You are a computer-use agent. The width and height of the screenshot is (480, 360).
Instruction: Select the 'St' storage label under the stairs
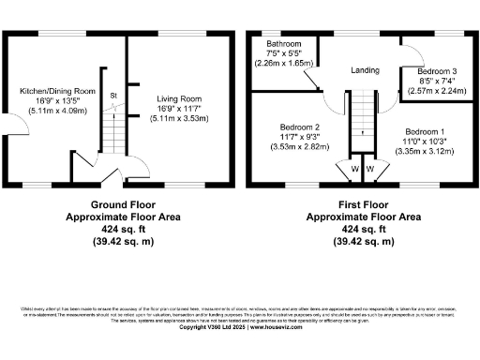pos(112,95)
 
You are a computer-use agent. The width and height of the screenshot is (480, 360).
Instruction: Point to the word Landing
pos(365,70)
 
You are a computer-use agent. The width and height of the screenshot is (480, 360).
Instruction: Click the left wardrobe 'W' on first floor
pos(354,169)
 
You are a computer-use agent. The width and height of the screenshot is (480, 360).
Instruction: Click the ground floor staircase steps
pos(111,122)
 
